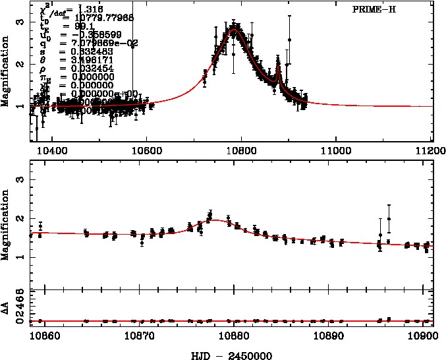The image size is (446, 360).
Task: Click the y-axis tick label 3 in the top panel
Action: point(21,22)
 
